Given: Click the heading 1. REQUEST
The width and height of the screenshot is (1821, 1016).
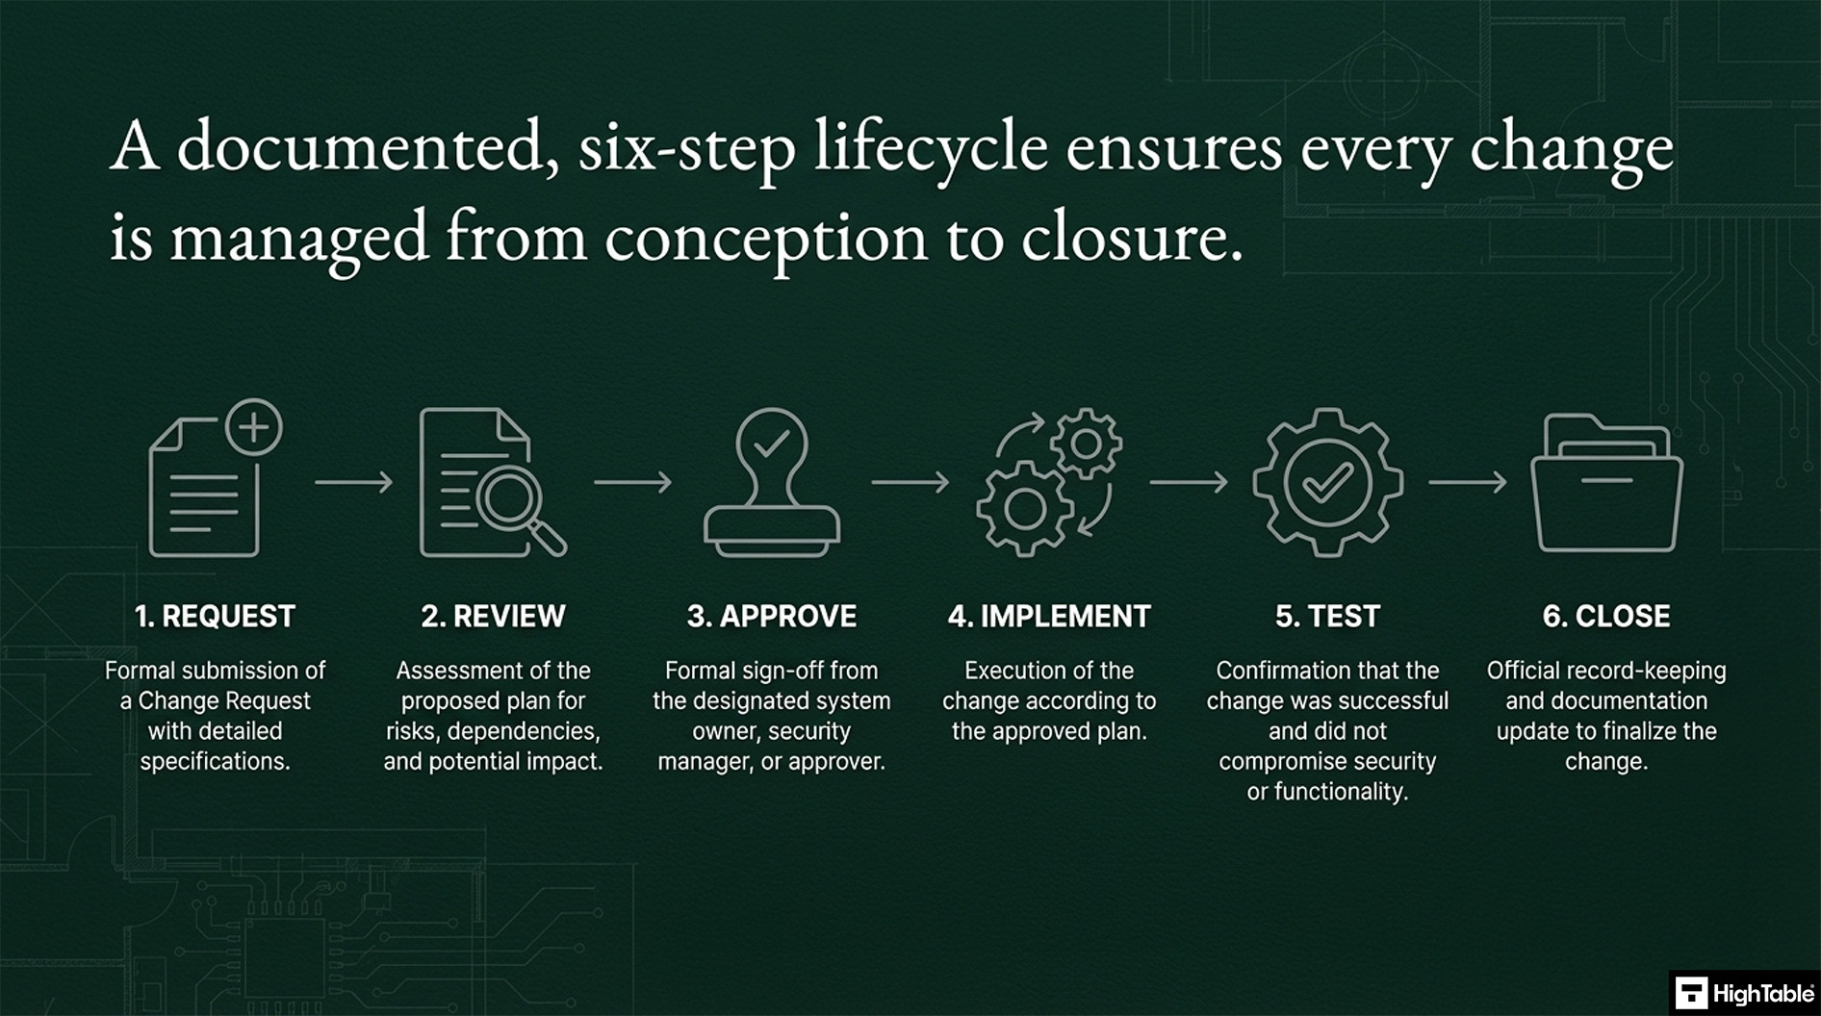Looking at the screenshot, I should pyautogui.click(x=215, y=616).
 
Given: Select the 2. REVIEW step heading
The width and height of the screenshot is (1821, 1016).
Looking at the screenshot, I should pyautogui.click(x=493, y=616).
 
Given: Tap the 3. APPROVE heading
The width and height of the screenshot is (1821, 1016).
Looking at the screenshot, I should pyautogui.click(x=771, y=616).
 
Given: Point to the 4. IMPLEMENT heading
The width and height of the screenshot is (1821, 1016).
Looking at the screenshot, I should pyautogui.click(x=1049, y=616).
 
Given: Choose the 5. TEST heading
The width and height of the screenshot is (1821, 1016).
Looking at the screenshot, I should pyautogui.click(x=1327, y=616).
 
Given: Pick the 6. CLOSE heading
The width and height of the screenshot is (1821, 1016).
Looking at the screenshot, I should pyautogui.click(x=1605, y=616).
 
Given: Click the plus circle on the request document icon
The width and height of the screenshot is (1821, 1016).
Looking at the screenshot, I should pyautogui.click(x=253, y=427).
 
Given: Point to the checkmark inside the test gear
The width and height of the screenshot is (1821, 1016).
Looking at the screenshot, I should pyautogui.click(x=1327, y=481).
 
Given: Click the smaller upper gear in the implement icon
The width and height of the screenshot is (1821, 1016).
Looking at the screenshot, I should pyautogui.click(x=1086, y=443).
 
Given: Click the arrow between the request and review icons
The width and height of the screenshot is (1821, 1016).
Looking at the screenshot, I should pyautogui.click(x=353, y=481).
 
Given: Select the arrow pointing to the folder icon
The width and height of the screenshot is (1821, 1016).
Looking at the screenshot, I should pyautogui.click(x=1467, y=481).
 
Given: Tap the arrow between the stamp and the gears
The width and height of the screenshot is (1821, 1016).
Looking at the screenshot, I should pyautogui.click(x=910, y=481).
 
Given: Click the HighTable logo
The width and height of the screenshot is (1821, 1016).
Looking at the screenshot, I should pyautogui.click(x=1744, y=993).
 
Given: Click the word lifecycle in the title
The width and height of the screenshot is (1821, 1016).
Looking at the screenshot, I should pyautogui.click(x=931, y=150).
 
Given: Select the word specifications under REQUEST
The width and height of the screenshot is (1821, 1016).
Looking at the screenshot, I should pyautogui.click(x=215, y=761).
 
